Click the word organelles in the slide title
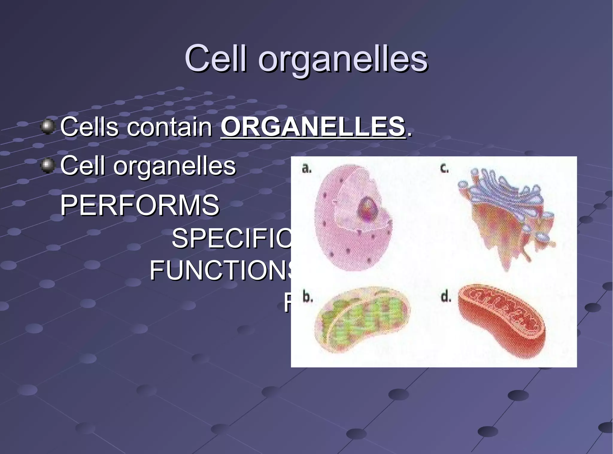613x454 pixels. [x=343, y=60]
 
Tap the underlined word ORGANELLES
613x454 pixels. [x=313, y=127]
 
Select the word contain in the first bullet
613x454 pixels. [x=170, y=127]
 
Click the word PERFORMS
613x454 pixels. [x=140, y=205]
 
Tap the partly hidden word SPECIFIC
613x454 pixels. [x=231, y=239]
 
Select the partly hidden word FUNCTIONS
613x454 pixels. [x=221, y=271]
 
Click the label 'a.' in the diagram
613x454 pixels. [x=306, y=169]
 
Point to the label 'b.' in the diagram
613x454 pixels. [x=308, y=297]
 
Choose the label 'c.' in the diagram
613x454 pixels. [x=444, y=169]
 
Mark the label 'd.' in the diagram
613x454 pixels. [x=446, y=297]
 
